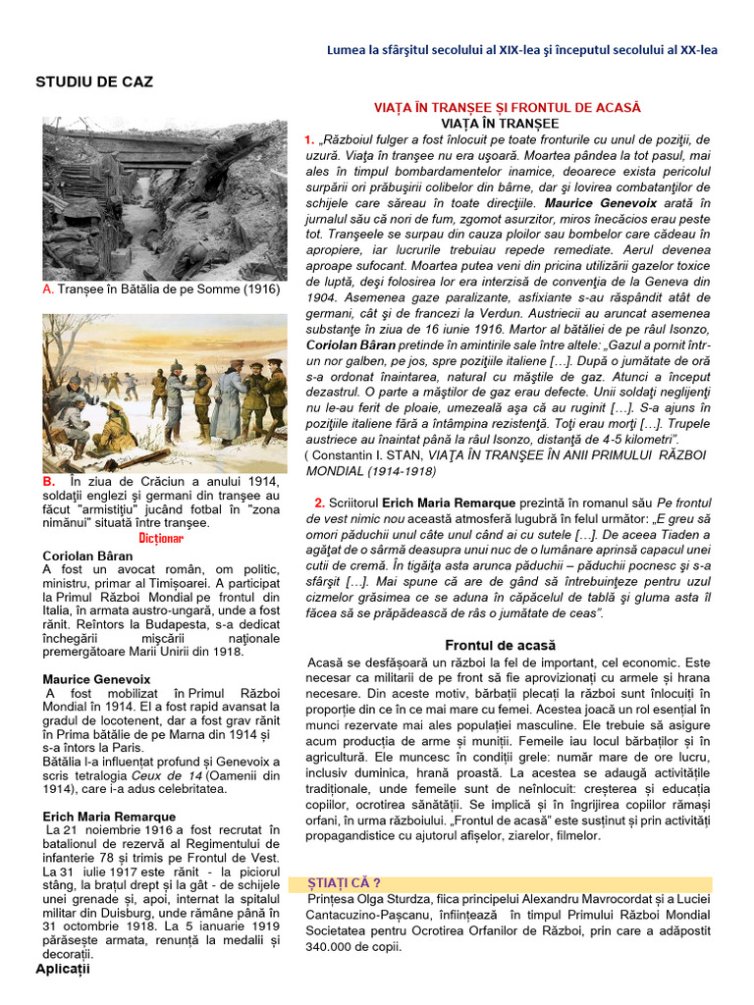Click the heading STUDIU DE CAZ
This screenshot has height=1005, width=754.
94,82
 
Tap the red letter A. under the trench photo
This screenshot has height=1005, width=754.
48,291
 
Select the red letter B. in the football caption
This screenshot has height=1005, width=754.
49,482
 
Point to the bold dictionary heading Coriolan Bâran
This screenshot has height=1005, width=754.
87,555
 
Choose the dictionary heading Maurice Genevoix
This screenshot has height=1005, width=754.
96,678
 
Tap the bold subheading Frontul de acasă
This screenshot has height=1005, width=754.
500,645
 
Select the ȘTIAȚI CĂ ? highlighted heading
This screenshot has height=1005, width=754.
344,883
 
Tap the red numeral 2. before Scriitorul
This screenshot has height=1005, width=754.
319,502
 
